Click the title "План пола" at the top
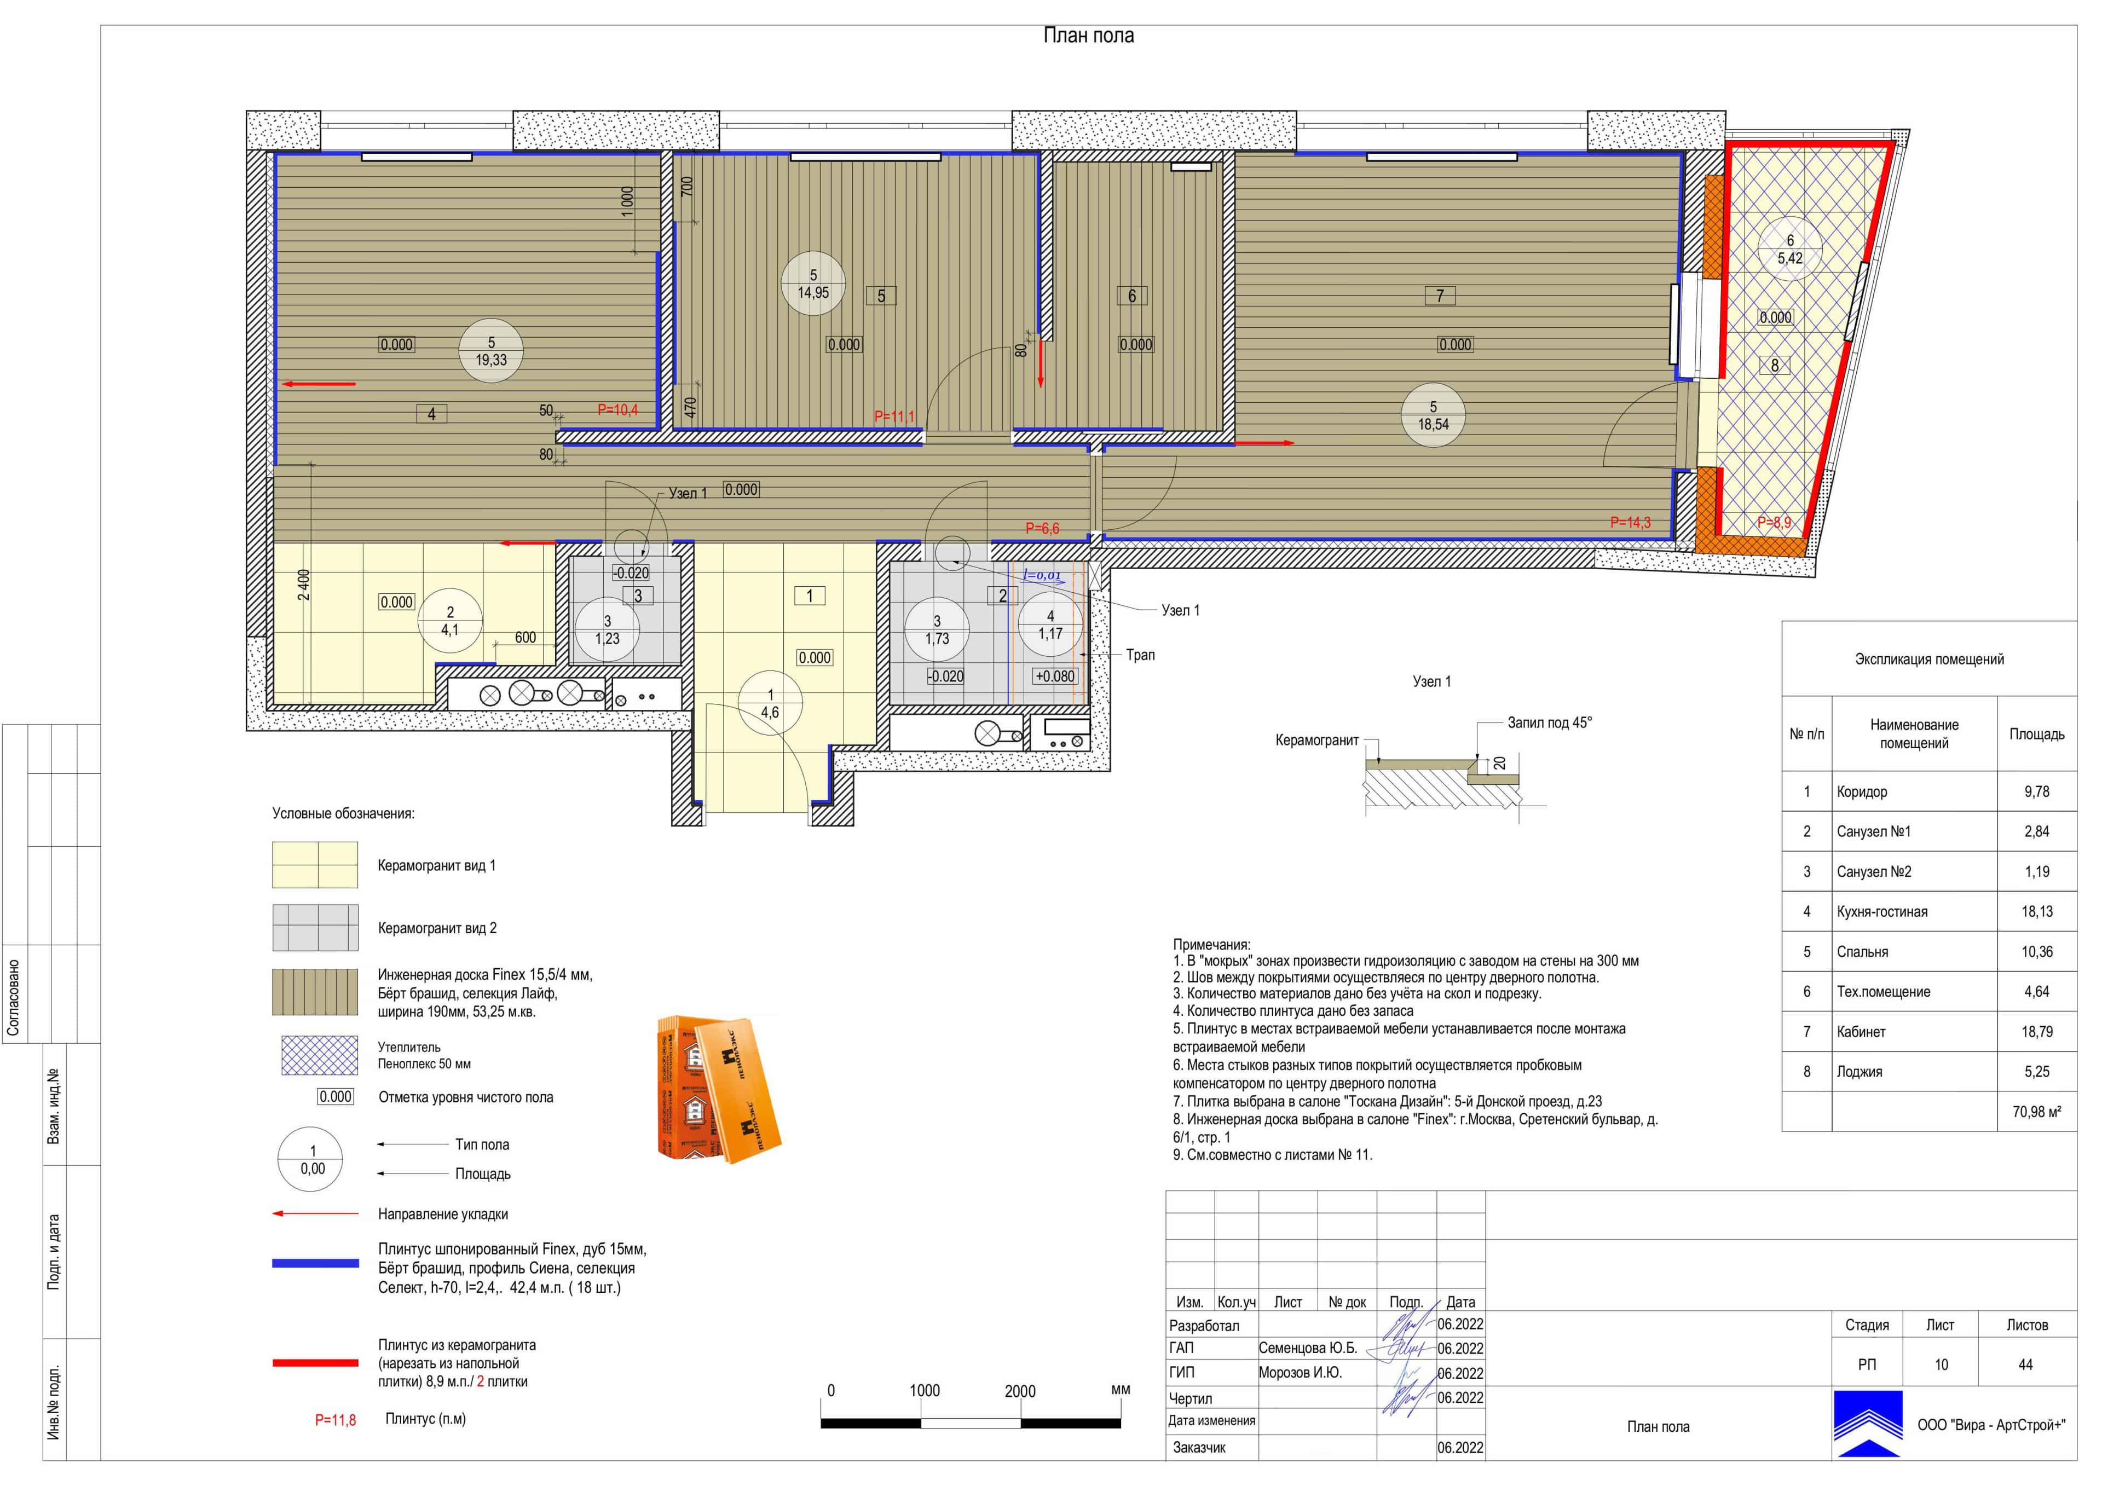[x=1089, y=36]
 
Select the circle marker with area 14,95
[x=813, y=284]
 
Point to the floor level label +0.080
[x=1055, y=676]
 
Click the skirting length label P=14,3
[x=1631, y=523]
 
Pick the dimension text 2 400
[x=304, y=585]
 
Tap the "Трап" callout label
[x=1141, y=655]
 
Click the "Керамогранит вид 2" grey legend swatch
[x=315, y=928]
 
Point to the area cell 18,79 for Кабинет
[x=2037, y=1032]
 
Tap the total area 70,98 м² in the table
[x=2037, y=1112]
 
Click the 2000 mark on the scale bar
[x=1020, y=1391]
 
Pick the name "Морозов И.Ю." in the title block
[x=1300, y=1373]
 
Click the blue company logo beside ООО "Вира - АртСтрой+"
[x=1868, y=1424]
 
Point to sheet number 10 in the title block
[x=1941, y=1365]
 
